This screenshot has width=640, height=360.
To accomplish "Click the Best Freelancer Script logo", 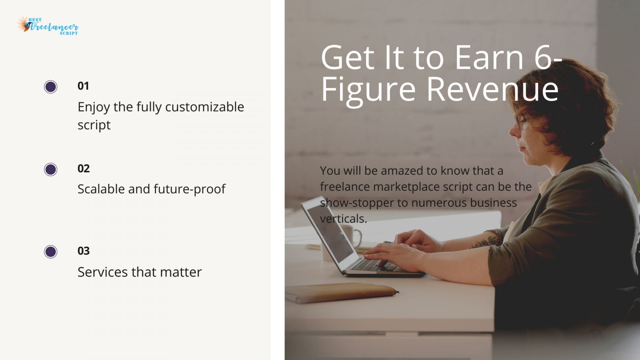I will pos(48,26).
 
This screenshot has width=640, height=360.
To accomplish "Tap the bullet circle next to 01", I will pos(51,87).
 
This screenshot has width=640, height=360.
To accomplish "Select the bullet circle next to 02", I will pos(51,170).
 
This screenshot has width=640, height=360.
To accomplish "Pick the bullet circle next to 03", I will pos(51,252).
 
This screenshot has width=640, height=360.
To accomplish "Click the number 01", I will pos(83,86).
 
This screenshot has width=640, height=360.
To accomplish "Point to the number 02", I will pos(84,168).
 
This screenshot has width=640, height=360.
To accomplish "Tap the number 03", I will pos(84,251).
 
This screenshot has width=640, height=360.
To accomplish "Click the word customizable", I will pos(204,107).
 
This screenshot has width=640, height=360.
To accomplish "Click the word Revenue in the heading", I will pos(492,89).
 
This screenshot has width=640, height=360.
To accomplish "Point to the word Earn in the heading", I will pos(489,58).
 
